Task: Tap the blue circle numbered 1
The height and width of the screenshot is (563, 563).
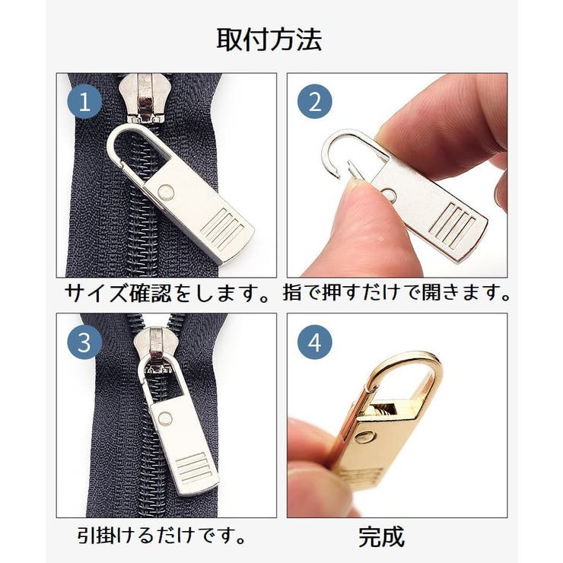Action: coord(84,100)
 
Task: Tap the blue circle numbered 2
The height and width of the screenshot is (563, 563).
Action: coord(314,100)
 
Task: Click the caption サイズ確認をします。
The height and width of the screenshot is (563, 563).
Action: coord(167,293)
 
